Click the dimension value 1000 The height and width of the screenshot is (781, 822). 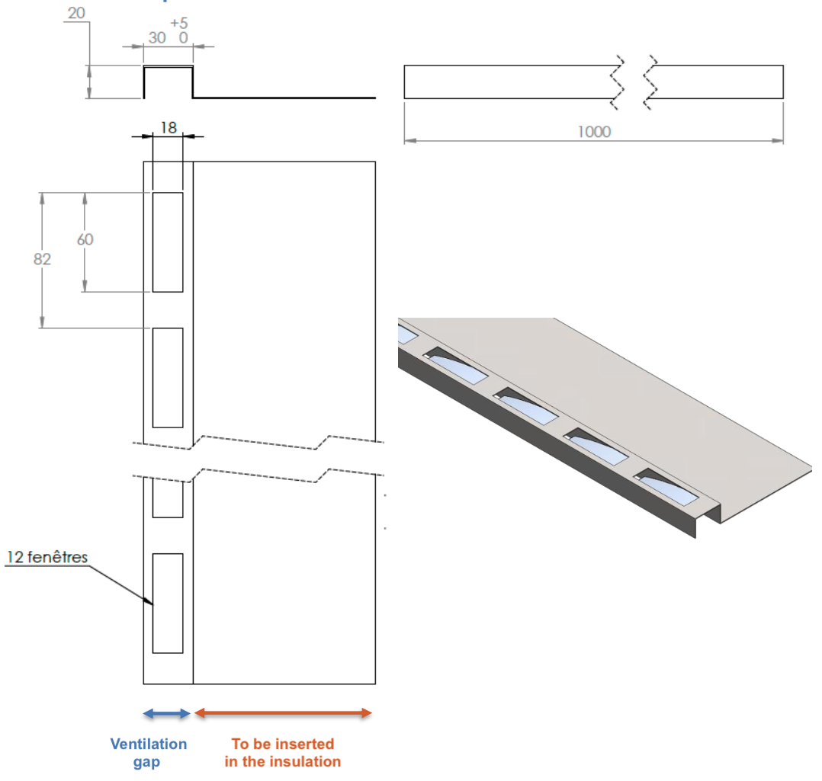594,132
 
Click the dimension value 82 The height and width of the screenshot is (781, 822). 42,260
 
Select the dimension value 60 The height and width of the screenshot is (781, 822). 85,239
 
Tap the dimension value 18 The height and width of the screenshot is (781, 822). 168,127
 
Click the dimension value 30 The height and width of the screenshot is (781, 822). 158,38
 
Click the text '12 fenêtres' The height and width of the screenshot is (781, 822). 47,557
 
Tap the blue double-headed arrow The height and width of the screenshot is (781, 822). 167,713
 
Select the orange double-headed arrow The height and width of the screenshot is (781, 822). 283,713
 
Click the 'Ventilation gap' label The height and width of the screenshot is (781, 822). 148,753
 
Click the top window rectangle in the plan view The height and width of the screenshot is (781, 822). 168,242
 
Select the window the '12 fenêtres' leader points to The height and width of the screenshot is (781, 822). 168,603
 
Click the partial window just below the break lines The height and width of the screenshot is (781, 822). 168,498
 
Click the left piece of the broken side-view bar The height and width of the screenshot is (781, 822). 507,82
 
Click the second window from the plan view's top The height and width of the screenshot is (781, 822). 168,378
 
